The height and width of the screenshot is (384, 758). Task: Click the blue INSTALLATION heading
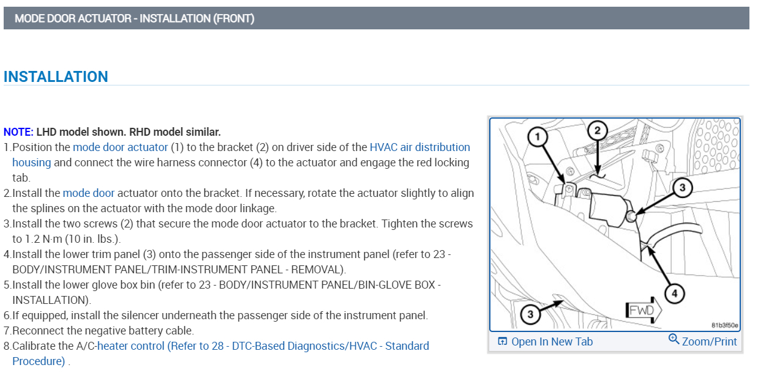56,76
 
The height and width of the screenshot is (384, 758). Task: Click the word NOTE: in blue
18,131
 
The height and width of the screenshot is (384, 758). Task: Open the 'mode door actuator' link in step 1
120,147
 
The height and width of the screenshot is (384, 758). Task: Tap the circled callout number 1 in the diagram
537,138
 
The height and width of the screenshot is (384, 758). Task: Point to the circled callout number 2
597,130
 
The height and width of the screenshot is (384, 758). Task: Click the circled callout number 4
674,294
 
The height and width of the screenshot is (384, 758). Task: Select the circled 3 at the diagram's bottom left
530,314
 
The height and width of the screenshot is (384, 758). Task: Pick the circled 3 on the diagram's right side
683,188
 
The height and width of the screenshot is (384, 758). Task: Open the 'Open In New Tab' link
552,341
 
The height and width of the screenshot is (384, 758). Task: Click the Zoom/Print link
709,341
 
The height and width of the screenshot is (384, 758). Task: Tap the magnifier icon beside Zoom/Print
674,339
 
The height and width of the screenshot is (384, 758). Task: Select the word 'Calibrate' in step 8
34,346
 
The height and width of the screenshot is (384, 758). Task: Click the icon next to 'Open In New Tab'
502,341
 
